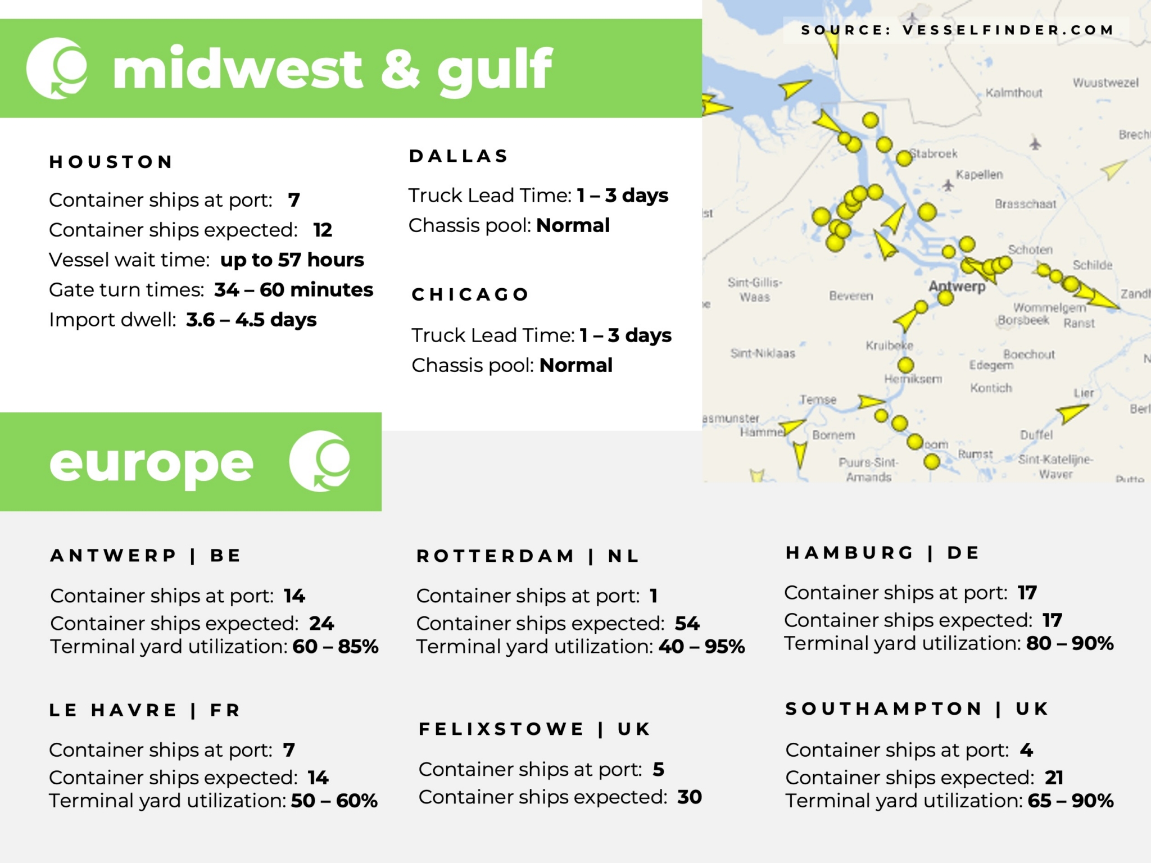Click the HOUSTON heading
coord(111,162)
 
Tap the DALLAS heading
coord(459,156)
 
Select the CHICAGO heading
coord(470,294)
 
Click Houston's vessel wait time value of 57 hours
coord(292,260)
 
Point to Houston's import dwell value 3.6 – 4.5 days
coord(251,320)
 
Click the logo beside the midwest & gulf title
coord(57,69)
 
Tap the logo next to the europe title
coord(320,461)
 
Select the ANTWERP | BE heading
coord(146,556)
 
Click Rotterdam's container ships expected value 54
coord(687,623)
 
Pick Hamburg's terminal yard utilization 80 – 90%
coord(1070,643)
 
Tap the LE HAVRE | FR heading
coord(145,710)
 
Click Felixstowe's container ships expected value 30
coord(690,797)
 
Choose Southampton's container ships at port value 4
coord(1026,750)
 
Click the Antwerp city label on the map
coord(957,286)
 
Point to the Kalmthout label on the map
coord(1014,93)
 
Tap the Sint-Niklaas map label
coord(763,353)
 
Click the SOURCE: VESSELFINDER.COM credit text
coord(957,30)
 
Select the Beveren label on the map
coord(851,296)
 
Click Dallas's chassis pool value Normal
coord(573,225)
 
